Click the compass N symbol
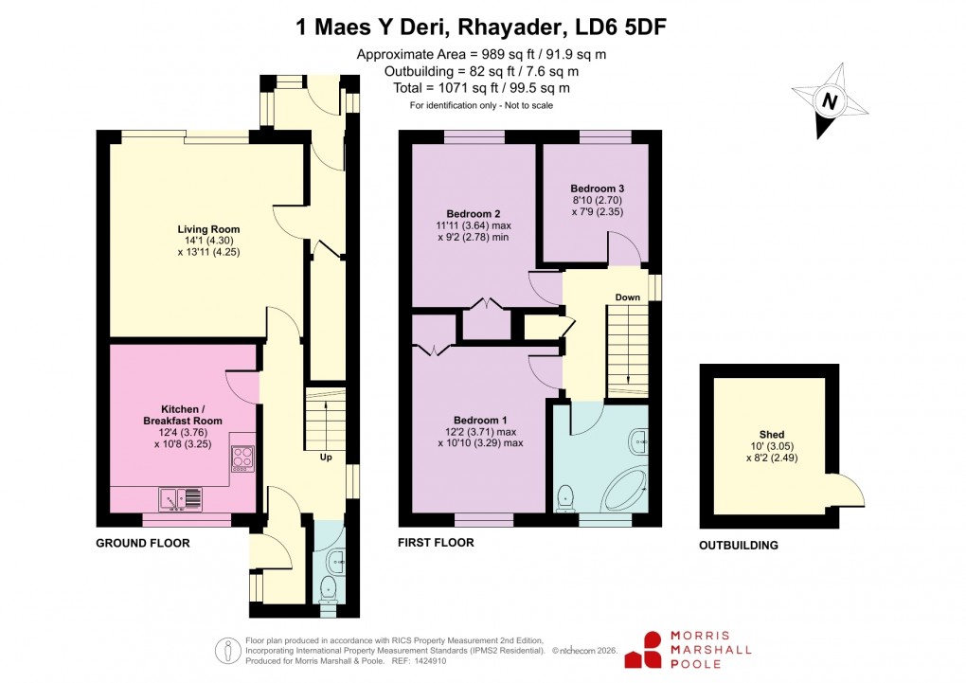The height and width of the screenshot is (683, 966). click(831, 100)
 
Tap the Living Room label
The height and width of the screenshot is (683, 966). click(208, 229)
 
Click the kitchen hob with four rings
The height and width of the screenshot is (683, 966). click(242, 458)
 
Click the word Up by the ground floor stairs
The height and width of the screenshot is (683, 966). click(326, 457)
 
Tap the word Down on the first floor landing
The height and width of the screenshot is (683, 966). click(627, 297)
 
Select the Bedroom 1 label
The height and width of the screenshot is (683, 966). click(480, 421)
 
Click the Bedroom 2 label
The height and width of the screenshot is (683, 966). click(474, 213)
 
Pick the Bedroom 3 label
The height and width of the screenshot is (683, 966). click(597, 188)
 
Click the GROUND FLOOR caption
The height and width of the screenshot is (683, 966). click(143, 544)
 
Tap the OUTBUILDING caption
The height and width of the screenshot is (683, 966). click(739, 546)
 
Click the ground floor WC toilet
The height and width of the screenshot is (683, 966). click(329, 587)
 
